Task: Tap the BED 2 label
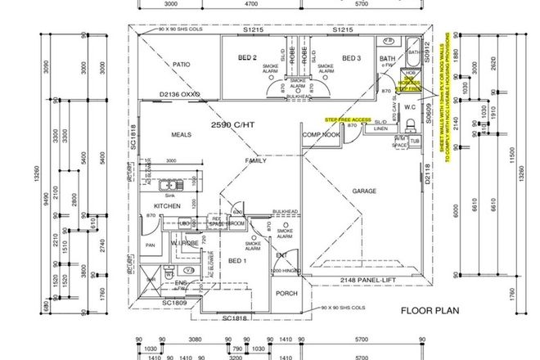(248, 58)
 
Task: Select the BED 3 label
(351, 58)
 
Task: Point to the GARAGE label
(364, 191)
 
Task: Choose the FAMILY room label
(256, 161)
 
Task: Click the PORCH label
(286, 293)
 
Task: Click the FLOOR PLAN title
(425, 311)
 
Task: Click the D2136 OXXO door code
(180, 94)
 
